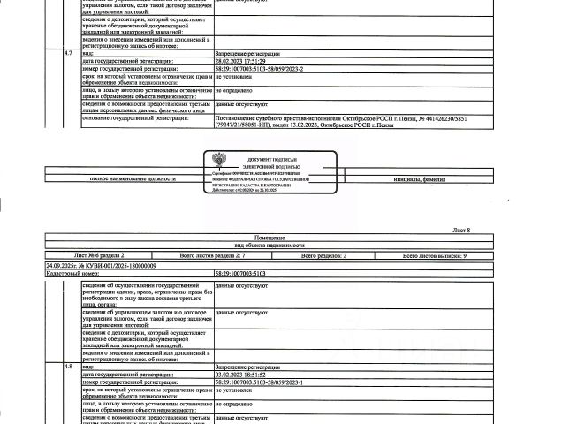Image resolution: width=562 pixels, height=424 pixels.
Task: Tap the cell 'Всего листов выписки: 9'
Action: point(435,254)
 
